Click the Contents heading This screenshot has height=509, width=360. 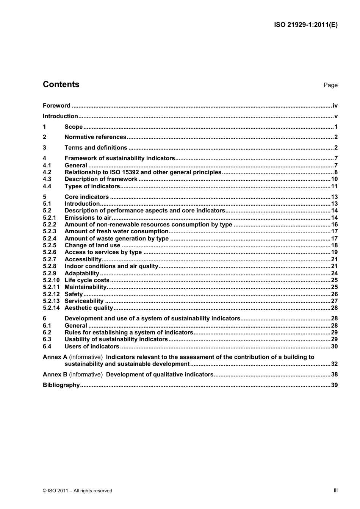point(61,84)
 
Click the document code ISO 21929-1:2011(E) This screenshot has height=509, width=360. point(305,25)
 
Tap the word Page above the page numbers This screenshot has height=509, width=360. point(330,85)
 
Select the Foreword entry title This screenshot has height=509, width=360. point(56,106)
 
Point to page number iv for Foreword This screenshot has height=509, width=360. point(335,106)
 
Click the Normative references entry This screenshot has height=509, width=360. point(95,137)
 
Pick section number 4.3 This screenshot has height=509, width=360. point(47,179)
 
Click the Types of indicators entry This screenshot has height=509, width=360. point(92,186)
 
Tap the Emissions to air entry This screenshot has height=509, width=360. point(88,218)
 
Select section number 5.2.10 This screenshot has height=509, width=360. point(51,280)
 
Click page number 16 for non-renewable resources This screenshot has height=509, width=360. point(334,225)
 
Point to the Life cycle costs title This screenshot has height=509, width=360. point(87,280)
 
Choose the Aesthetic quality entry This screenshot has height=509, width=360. point(89,308)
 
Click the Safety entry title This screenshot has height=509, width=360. point(74,294)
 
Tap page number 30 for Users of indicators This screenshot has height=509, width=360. point(334,347)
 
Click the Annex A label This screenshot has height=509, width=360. point(55,357)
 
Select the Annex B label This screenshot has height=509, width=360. point(55,375)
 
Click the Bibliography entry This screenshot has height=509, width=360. point(61,385)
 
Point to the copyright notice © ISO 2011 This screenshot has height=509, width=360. point(77,491)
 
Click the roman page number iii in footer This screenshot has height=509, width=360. point(335,490)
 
